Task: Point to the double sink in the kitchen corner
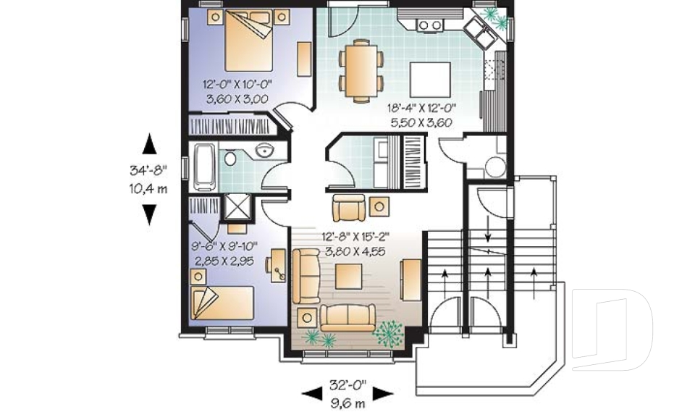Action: (479, 30)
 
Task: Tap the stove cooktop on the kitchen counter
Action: (430, 25)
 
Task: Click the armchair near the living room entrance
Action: (350, 207)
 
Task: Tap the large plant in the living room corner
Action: (389, 332)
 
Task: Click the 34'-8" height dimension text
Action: (148, 171)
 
